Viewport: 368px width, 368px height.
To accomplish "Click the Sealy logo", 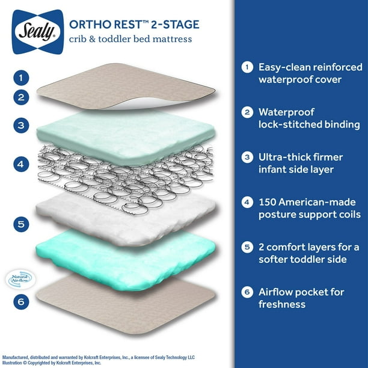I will (x=37, y=25).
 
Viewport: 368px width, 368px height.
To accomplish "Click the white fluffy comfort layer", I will (x=126, y=216).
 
